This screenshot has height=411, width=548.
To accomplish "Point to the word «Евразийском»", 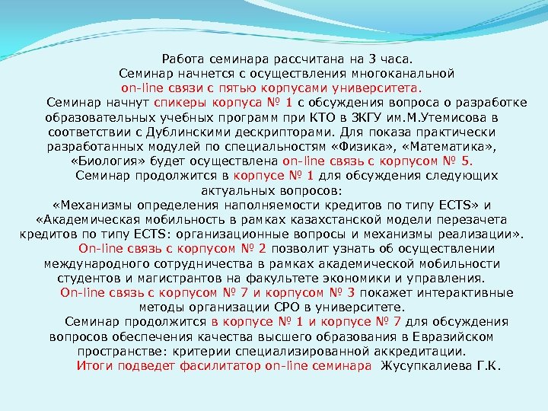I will coord(454,336).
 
